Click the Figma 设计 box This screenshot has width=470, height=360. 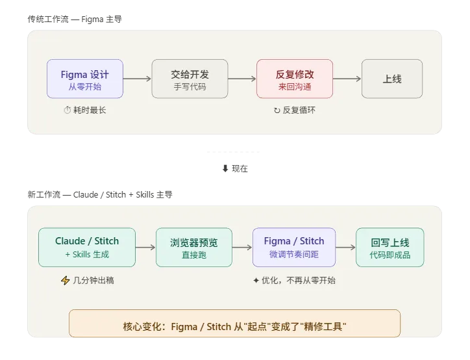(84, 79)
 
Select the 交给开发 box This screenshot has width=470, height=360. (190, 79)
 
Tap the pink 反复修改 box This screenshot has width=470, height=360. (295, 79)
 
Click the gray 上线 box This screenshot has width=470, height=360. (391, 79)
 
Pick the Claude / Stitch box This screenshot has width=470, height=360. (87, 247)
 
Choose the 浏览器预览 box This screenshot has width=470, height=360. (193, 247)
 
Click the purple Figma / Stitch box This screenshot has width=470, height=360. (293, 247)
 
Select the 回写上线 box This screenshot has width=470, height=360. (390, 247)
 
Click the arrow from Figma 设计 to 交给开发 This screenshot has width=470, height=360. (137, 79)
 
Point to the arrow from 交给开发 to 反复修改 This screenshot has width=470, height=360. (242, 79)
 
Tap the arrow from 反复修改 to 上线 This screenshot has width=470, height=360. (347, 79)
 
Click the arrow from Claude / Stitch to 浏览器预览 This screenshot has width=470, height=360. (145, 248)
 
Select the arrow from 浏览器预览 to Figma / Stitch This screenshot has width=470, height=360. (241, 248)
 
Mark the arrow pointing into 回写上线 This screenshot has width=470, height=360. (345, 248)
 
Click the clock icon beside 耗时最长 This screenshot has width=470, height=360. (67, 110)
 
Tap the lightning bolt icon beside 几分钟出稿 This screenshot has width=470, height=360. (64, 281)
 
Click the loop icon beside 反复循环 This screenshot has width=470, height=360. (277, 110)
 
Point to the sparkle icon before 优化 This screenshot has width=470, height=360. (256, 281)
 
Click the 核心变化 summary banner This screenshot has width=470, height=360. (234, 323)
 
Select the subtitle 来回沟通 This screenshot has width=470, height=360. (295, 86)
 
